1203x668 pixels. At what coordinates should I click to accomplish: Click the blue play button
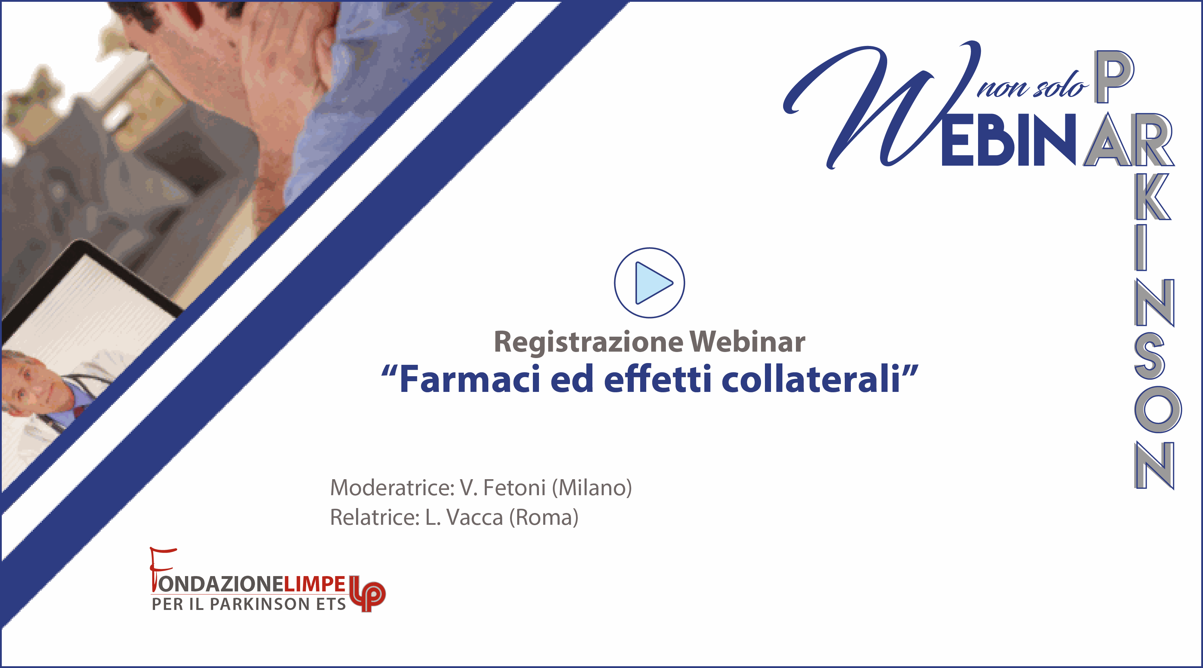[x=649, y=283]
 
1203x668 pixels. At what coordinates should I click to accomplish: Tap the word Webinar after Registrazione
[x=747, y=342]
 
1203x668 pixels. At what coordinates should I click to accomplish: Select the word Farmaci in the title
[x=470, y=379]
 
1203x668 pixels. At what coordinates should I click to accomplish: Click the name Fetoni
[x=514, y=488]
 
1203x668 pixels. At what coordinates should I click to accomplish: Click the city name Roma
[x=544, y=518]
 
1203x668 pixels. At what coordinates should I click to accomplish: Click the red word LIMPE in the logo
[x=314, y=584]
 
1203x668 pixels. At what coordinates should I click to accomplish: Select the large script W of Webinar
[x=883, y=105]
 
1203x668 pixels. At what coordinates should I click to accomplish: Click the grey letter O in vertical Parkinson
[x=1158, y=410]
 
